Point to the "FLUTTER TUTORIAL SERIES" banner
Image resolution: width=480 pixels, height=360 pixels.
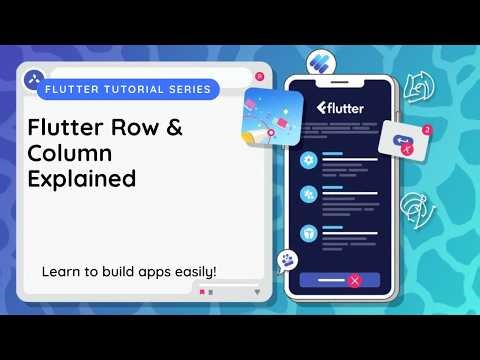pyautogui.click(x=128, y=89)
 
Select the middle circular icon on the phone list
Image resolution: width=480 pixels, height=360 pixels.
pyautogui.click(x=309, y=194)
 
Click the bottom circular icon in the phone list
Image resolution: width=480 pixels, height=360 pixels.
pyautogui.click(x=309, y=229)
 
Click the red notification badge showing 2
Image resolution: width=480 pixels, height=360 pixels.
pyautogui.click(x=427, y=130)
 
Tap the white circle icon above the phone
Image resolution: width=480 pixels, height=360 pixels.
pyautogui.click(x=321, y=60)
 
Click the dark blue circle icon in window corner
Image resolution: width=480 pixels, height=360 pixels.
pyautogui.click(x=32, y=76)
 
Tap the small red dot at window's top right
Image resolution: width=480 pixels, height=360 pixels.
pyautogui.click(x=259, y=76)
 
